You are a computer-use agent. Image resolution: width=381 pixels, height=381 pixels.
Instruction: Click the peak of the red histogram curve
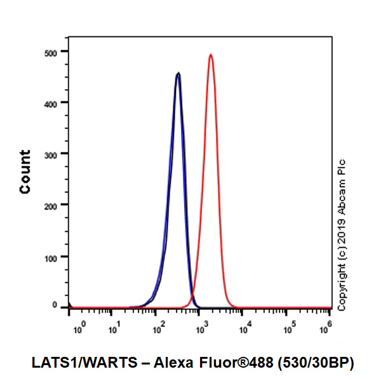pyautogui.click(x=210, y=55)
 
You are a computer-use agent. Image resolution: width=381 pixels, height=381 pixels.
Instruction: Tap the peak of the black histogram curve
pyautogui.click(x=178, y=74)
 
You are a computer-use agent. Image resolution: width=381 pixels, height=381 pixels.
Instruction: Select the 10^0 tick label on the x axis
pyautogui.click(x=79, y=328)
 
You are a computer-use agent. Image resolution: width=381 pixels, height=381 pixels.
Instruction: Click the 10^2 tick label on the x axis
pyautogui.click(x=159, y=328)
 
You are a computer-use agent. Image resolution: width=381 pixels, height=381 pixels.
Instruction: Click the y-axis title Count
pyautogui.click(x=25, y=171)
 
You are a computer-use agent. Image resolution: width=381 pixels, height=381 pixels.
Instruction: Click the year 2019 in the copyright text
pyautogui.click(x=342, y=231)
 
